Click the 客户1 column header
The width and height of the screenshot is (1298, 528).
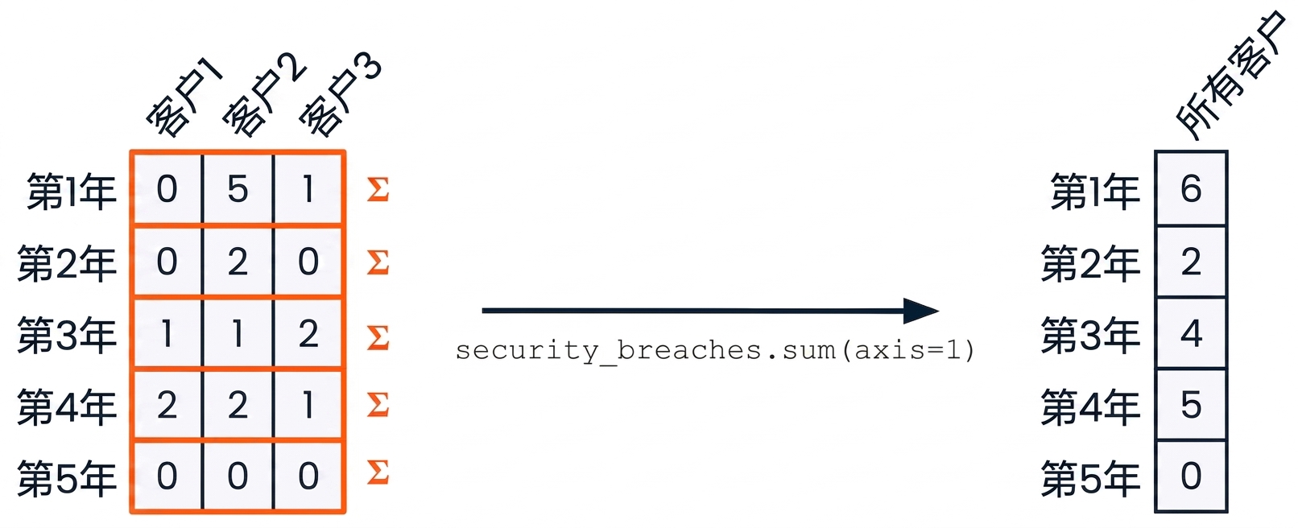[184, 97]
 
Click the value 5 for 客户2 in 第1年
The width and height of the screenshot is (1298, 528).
[238, 188]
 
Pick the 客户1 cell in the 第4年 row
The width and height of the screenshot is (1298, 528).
[167, 405]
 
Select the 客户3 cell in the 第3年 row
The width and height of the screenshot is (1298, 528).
[308, 333]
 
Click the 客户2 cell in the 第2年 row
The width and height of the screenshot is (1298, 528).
[238, 261]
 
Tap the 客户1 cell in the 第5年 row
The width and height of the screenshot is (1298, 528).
[167, 476]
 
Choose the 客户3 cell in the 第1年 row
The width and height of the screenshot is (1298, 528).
[308, 188]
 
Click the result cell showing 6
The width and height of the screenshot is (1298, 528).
[1191, 188]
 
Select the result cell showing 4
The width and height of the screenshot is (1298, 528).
[1191, 333]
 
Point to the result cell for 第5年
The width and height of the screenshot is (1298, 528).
[1191, 476]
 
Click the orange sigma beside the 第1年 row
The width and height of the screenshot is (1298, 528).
[378, 188]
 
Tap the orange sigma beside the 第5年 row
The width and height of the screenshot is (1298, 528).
[378, 472]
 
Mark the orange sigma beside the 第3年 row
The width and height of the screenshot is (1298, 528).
[378, 337]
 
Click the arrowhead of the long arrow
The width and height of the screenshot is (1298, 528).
[921, 311]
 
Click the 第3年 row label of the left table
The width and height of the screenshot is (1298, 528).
[67, 335]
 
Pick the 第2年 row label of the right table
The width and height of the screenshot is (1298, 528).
[1090, 263]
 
